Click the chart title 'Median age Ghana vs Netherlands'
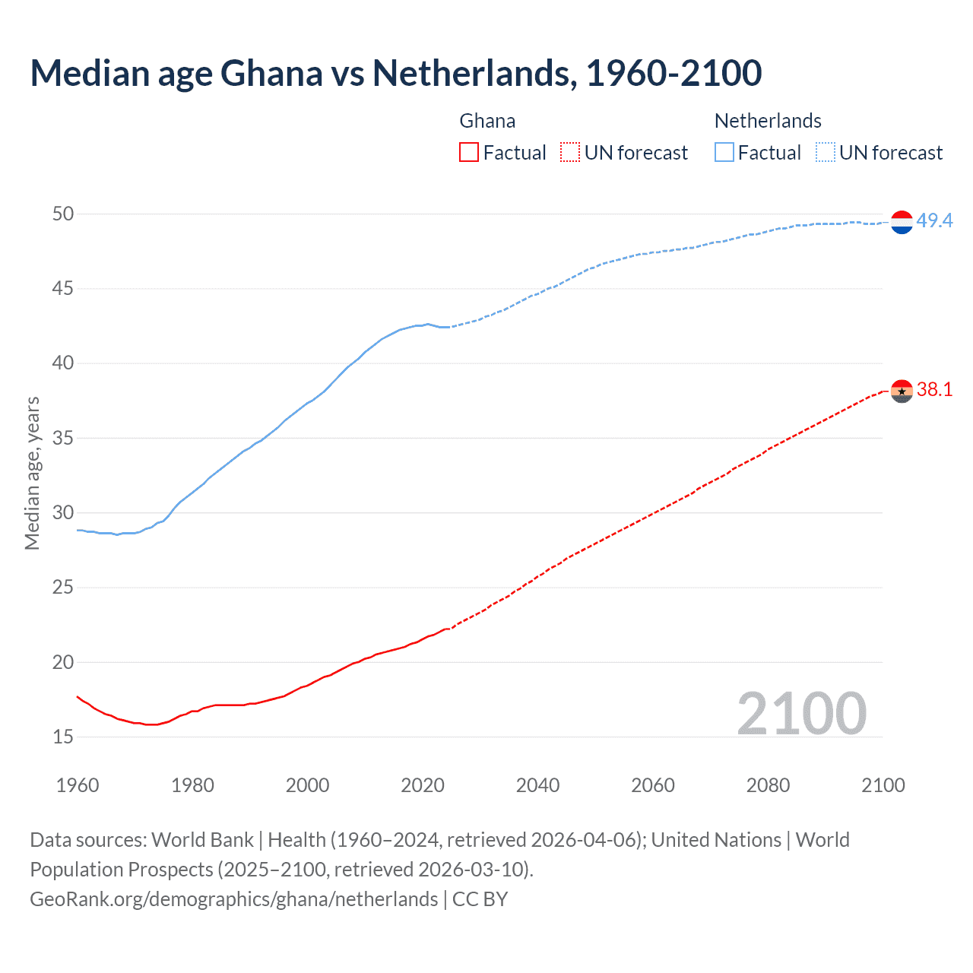tap(395, 73)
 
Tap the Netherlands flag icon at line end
tap(902, 222)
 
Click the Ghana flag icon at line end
tap(902, 391)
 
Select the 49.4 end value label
tap(934, 220)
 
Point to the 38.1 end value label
tap(934, 390)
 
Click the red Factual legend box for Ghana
tap(469, 153)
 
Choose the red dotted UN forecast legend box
tap(570, 153)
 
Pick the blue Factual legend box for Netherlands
tap(724, 153)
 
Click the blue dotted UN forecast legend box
tap(826, 153)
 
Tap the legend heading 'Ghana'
tap(487, 121)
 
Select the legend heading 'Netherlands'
tap(768, 121)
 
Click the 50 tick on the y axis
tap(63, 214)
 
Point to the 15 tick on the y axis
tap(63, 737)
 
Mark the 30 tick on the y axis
tap(63, 513)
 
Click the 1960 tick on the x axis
tap(78, 785)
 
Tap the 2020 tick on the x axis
tap(423, 785)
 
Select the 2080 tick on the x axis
tap(768, 785)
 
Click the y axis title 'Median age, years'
tap(32, 473)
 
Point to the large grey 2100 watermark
tap(801, 714)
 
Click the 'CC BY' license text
tap(480, 899)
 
